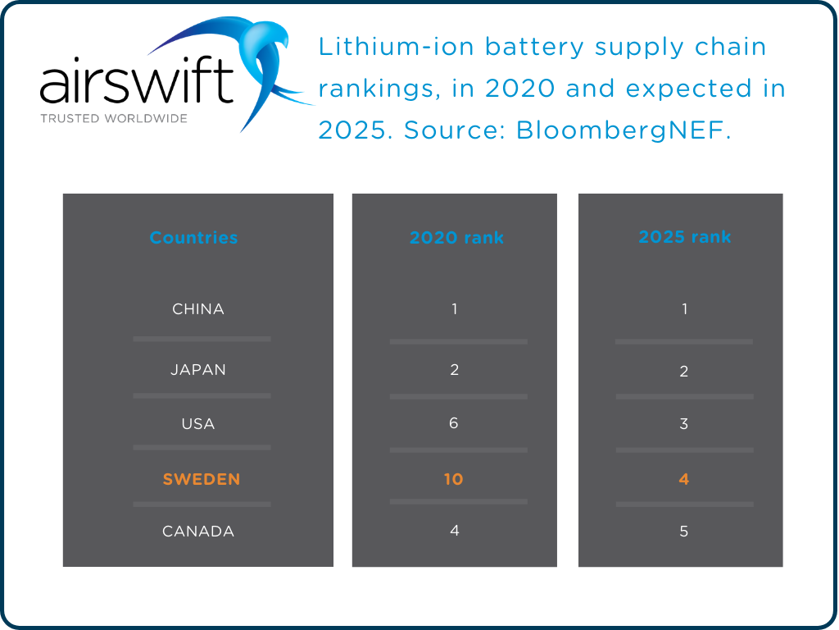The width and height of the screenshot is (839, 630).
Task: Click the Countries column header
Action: (x=193, y=238)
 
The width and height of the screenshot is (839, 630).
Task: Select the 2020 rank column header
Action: (x=456, y=238)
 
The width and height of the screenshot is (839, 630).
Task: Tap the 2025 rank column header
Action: (x=684, y=237)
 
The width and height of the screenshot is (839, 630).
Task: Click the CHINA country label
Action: (x=198, y=309)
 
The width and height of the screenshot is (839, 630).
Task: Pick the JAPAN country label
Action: (x=198, y=370)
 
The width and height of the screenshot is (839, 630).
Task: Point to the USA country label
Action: (x=198, y=424)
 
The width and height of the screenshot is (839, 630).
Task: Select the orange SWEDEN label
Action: (x=202, y=479)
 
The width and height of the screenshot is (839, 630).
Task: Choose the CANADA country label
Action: (x=198, y=532)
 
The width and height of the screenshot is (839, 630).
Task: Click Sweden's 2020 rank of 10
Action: (x=454, y=479)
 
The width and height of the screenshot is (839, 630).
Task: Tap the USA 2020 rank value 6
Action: (x=454, y=423)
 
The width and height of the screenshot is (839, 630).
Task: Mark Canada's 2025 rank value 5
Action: (x=684, y=532)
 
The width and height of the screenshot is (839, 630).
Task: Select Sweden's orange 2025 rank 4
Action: (x=684, y=479)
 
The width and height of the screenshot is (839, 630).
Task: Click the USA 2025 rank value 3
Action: (x=684, y=424)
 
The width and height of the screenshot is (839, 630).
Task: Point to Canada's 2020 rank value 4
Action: (x=454, y=531)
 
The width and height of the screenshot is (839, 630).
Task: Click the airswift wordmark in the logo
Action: (x=136, y=84)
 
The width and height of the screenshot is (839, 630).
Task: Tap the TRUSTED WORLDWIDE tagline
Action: (x=113, y=118)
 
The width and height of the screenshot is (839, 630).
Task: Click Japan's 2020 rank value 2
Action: (x=454, y=370)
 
